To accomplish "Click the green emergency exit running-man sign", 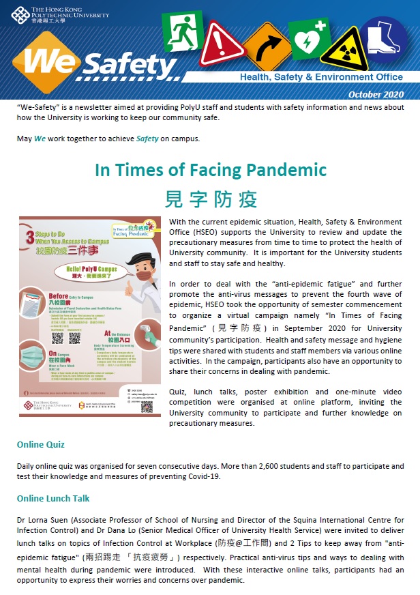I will point(182,32).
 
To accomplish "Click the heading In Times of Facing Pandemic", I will point(211,169).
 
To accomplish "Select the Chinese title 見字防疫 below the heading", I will point(211,199).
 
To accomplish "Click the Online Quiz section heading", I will point(41,444).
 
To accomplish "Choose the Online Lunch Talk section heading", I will point(53,498).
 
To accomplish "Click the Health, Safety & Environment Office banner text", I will point(321,77).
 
